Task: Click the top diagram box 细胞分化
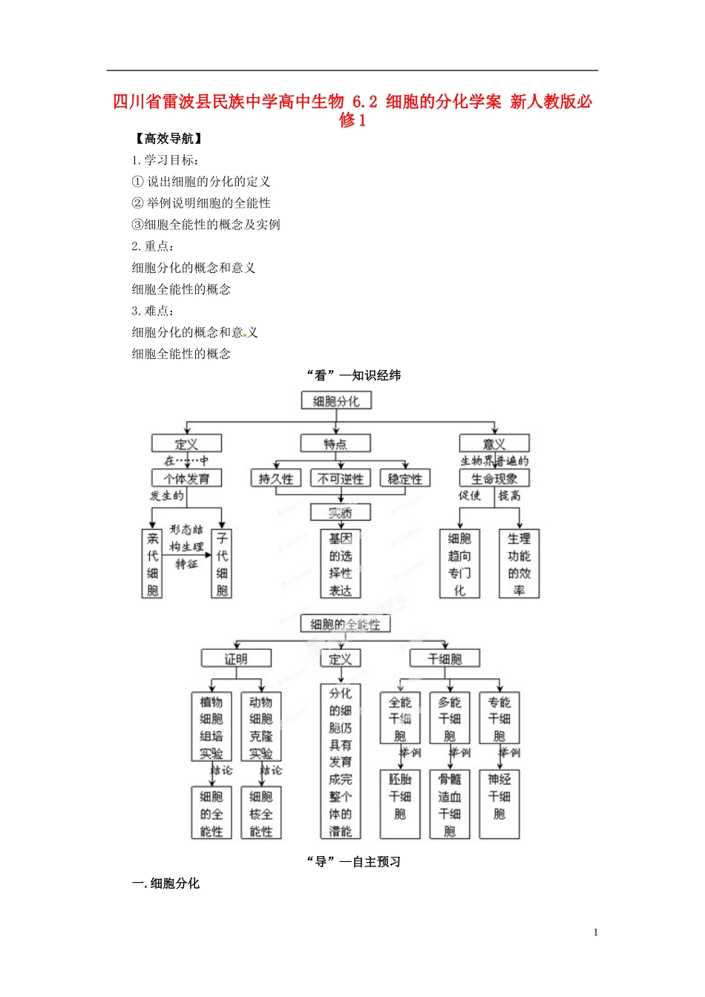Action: pyautogui.click(x=336, y=401)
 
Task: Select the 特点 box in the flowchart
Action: pyautogui.click(x=335, y=444)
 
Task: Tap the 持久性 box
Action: pyautogui.click(x=276, y=479)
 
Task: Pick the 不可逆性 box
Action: pyautogui.click(x=341, y=479)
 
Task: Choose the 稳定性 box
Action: pyautogui.click(x=405, y=479)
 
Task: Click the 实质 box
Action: pyautogui.click(x=340, y=513)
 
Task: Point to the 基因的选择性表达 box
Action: pyautogui.click(x=341, y=564)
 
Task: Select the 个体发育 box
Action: pyautogui.click(x=187, y=478)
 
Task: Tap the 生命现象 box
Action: pyautogui.click(x=494, y=478)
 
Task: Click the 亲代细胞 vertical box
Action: pyautogui.click(x=152, y=564)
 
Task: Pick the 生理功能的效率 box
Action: pyautogui.click(x=519, y=564)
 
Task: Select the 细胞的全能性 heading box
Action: pyautogui.click(x=345, y=625)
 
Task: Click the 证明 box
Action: pyautogui.click(x=236, y=659)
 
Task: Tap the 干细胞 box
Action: pyautogui.click(x=445, y=659)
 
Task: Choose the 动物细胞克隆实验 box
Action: pyautogui.click(x=260, y=727)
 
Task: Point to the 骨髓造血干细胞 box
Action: pyautogui.click(x=450, y=804)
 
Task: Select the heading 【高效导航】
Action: pyautogui.click(x=168, y=139)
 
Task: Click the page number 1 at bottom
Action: pyautogui.click(x=595, y=932)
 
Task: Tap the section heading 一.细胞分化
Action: pyautogui.click(x=165, y=884)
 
